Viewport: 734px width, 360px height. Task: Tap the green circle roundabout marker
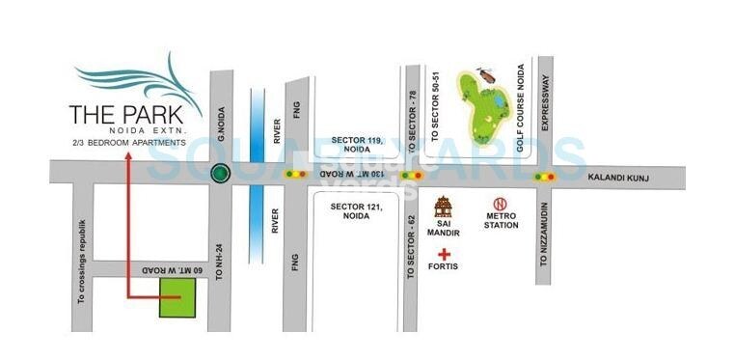pos(221,175)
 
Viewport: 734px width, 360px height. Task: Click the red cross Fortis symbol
pos(445,253)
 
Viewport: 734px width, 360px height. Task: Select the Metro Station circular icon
pos(500,205)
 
